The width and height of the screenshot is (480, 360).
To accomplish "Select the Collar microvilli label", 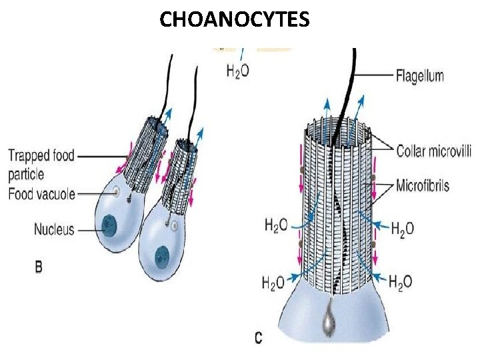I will [433, 151].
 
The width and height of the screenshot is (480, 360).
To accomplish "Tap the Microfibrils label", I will [423, 185].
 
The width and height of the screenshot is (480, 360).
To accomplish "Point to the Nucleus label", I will [54, 230].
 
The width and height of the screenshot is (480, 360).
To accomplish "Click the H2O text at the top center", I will [238, 72].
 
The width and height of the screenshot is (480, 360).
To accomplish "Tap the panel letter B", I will [39, 267].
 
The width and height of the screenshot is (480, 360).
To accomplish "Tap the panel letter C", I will [259, 339].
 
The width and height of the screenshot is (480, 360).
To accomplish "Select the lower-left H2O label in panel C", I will [273, 283].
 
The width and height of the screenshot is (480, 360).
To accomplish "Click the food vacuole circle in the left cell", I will [117, 192].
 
